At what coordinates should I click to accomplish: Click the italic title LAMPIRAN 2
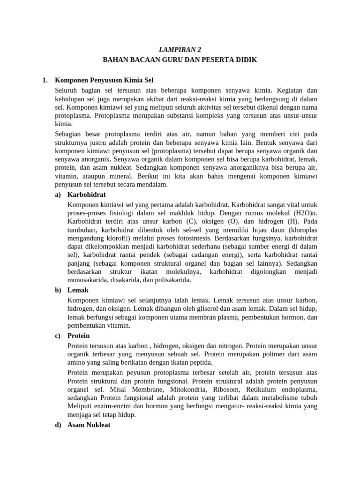pyautogui.click(x=180, y=49)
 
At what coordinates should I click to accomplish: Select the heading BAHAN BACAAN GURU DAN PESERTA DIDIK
pyautogui.click(x=180, y=60)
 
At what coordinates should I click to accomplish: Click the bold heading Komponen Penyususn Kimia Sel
pyautogui.click(x=104, y=80)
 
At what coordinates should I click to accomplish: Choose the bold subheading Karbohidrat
pyautogui.click(x=87, y=194)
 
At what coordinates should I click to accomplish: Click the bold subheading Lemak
pyautogui.click(x=78, y=290)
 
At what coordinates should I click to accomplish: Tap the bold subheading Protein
pyautogui.click(x=79, y=336)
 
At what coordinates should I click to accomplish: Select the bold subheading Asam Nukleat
pyautogui.click(x=89, y=426)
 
